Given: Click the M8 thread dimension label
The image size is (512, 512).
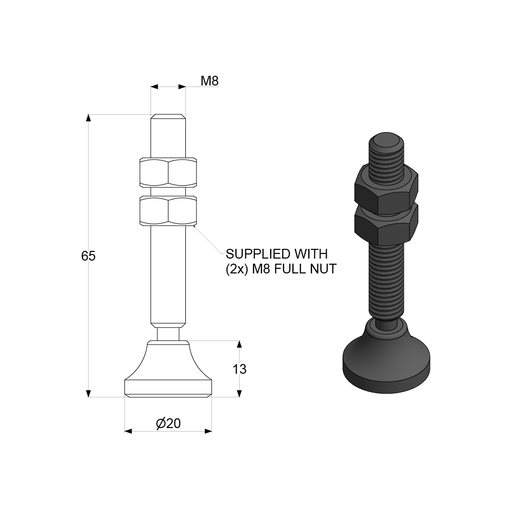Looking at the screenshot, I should pos(209,81).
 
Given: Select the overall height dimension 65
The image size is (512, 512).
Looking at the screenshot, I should pos(89,256).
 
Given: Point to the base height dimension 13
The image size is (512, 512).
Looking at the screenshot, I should pos(240,369).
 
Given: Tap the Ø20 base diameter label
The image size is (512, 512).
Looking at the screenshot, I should pos(168,423).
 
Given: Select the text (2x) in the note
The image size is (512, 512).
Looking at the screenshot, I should pos(236,269).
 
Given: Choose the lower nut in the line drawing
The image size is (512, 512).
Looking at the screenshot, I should pos(167,210).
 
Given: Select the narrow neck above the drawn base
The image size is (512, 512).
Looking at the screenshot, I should pos(168,333).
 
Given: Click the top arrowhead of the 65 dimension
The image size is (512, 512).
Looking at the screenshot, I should pos(89,118).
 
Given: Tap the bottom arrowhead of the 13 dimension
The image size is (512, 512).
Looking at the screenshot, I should pos(239,393).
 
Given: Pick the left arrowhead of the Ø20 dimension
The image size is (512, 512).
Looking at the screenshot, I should pos(129,431).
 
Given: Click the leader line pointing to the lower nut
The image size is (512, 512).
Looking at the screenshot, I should pos(210,240).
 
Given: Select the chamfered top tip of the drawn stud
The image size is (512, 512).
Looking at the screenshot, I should pos(168,116).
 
